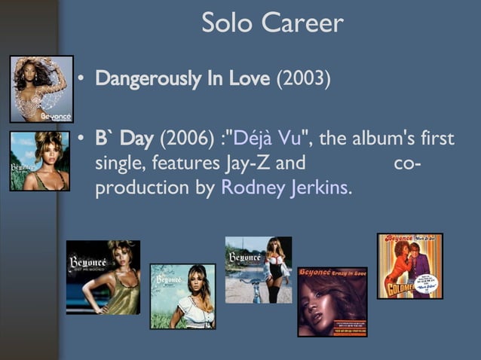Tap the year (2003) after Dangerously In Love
tap(303, 79)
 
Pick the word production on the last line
tap(140, 188)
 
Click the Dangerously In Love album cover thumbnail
tap(41, 89)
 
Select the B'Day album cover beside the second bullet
tap(40, 161)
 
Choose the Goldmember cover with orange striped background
tap(409, 266)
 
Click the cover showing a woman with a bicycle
tap(258, 270)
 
